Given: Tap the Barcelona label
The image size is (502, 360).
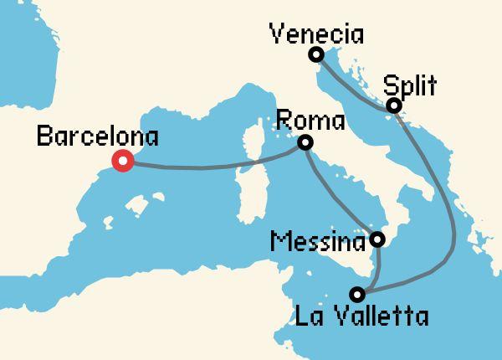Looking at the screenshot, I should (97, 136).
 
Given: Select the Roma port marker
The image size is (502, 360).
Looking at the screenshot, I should (305, 143).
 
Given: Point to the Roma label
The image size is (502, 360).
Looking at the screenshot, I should (309, 121).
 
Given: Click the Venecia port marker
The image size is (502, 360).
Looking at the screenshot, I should (315, 55).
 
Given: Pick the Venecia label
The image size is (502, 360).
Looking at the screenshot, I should (316, 34).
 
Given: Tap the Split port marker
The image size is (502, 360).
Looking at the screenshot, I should (393, 105).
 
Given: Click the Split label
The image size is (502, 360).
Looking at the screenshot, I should (410, 85).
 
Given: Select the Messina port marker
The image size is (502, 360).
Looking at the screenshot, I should (377, 239).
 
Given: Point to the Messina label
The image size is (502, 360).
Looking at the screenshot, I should (319, 242).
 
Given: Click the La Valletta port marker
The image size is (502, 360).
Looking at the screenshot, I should (358, 294).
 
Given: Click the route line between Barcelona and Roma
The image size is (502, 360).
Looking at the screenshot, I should (209, 167).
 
